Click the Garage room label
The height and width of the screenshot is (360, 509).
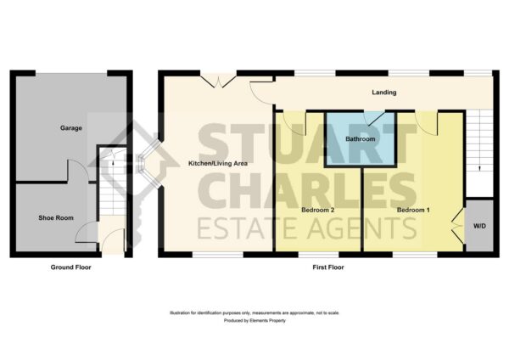[x=70, y=128]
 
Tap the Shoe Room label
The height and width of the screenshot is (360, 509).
[x=56, y=217]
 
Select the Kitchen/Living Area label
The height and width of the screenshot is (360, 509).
[x=218, y=163]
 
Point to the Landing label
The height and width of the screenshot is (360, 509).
[x=384, y=93]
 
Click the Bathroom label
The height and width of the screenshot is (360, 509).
[x=361, y=139]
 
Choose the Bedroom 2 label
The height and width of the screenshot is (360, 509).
[x=318, y=210]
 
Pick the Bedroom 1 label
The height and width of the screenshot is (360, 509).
[x=413, y=210]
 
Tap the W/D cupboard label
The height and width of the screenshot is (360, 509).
[x=479, y=226]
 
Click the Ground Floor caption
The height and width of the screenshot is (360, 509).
[x=70, y=267]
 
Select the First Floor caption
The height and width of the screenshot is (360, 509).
[x=328, y=267]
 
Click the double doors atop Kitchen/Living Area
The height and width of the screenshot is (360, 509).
[x=218, y=82]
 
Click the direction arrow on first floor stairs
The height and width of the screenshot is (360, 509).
[x=479, y=168]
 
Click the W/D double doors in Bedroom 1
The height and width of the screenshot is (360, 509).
[x=458, y=225]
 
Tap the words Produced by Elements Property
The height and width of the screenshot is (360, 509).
[x=255, y=321]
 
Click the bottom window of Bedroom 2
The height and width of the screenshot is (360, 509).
[x=318, y=255]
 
